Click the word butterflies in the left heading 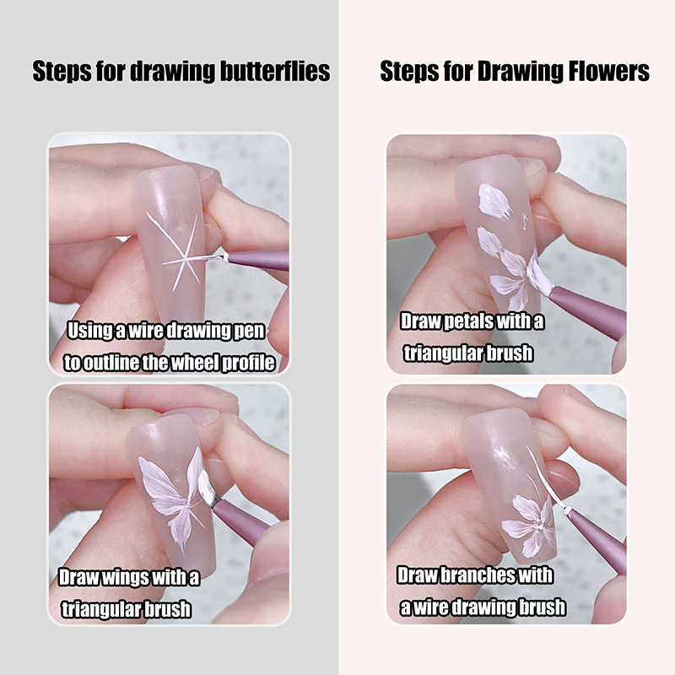[x=275, y=71]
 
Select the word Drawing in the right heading [x=520, y=72]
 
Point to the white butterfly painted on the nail [x=175, y=499]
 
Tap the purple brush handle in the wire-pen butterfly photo [x=258, y=260]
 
